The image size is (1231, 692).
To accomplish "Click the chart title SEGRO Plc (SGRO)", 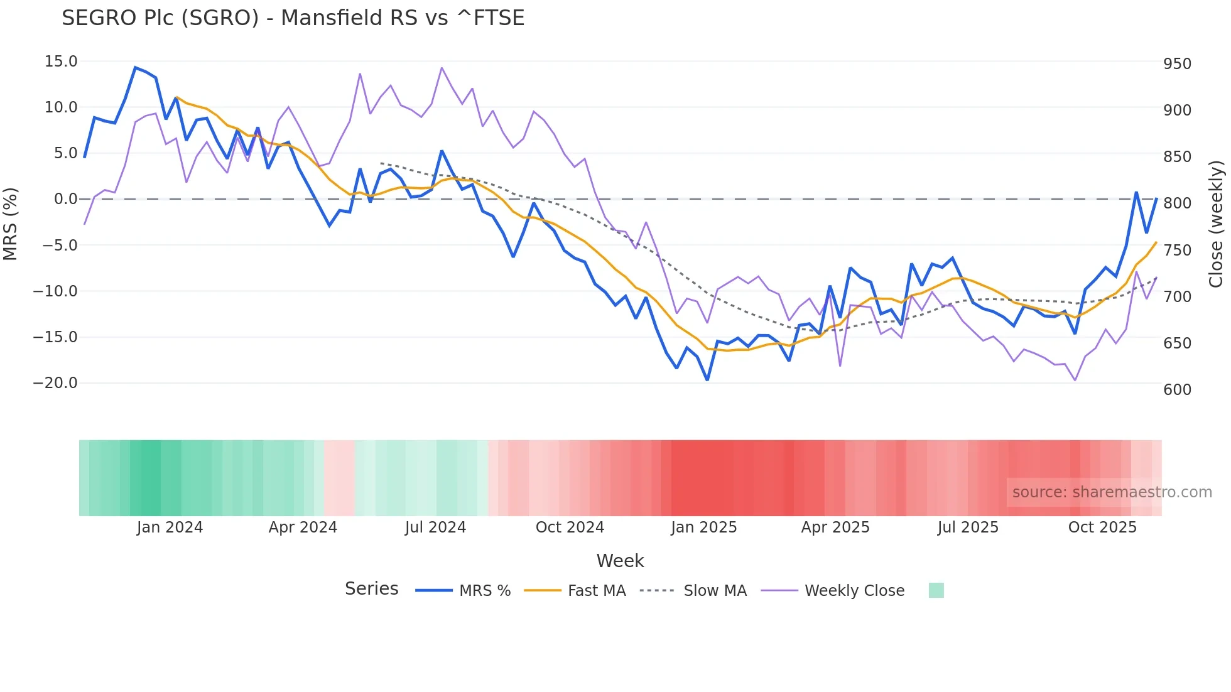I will (x=293, y=18).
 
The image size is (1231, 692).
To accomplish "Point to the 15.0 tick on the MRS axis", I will (x=61, y=62).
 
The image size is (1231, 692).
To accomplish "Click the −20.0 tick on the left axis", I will (x=55, y=383).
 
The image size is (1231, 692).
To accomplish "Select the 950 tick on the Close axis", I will (x=1177, y=64).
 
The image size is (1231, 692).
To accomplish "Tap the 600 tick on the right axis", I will (x=1177, y=390).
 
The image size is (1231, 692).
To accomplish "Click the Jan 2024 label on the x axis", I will (x=170, y=527).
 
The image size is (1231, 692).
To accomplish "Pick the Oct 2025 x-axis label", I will (x=1102, y=527).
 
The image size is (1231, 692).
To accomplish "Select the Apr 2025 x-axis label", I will (x=835, y=527).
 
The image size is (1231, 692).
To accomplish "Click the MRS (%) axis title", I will (x=11, y=224).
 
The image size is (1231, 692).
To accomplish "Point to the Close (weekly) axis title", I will (x=1217, y=224).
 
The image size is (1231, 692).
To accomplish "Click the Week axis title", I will (x=620, y=561).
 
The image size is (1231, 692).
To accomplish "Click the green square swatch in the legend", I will (x=936, y=590).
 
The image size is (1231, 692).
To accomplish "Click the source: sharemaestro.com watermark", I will (x=1112, y=492).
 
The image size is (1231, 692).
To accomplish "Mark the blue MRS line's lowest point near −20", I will (x=707, y=380).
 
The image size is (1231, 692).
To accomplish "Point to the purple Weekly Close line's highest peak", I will (x=442, y=68).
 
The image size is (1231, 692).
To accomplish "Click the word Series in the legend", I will (x=371, y=589).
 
